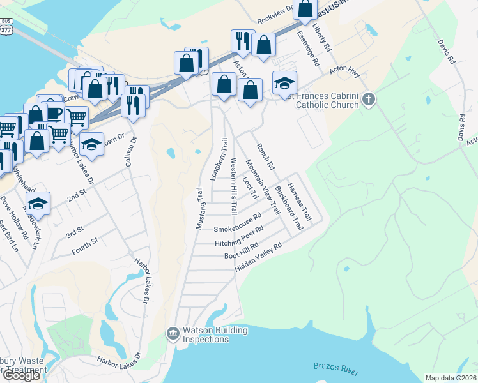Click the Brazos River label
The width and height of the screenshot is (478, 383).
coord(337,368)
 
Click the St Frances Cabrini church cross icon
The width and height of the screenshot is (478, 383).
coord(368,99)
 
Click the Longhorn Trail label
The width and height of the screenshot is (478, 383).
coord(219,160)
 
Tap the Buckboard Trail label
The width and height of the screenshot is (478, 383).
coord(288,208)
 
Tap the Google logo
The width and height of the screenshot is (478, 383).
coord(21,375)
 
